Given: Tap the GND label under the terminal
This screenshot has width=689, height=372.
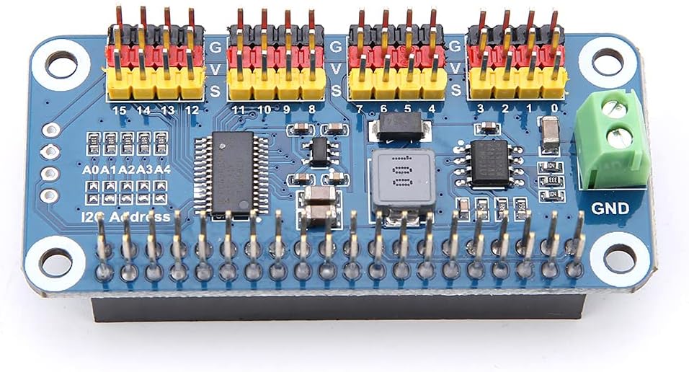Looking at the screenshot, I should tap(610, 209).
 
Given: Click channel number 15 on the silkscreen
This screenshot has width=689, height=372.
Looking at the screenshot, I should tap(120, 110).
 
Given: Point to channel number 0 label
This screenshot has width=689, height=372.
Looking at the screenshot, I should tap(554, 109).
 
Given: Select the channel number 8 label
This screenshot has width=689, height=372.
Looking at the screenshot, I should tap(311, 110).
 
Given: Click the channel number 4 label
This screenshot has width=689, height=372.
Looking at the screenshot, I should tap(432, 110).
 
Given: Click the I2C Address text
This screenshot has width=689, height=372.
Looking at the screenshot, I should tap(127, 216).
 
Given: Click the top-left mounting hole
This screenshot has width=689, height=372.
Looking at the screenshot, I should tap(61, 64).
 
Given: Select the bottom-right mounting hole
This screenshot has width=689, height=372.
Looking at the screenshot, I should tap(618, 257).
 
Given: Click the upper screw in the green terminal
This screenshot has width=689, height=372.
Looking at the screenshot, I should tap(614, 110).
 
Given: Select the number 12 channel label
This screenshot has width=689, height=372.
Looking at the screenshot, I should tap(192, 110).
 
